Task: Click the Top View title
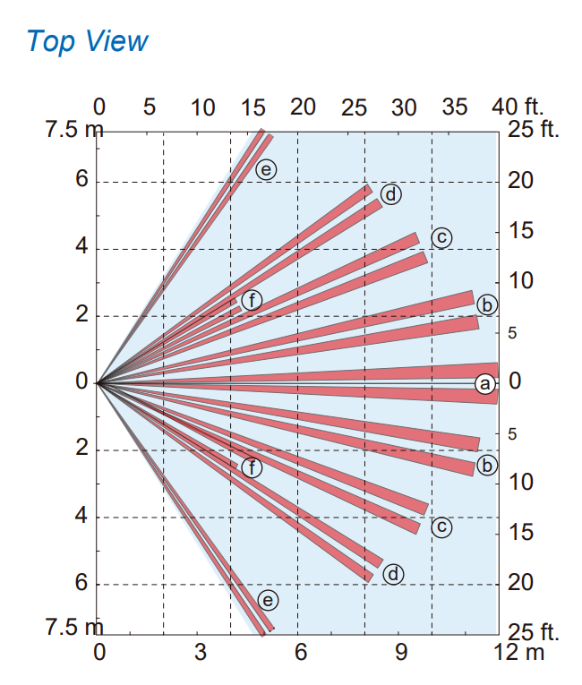point(87,41)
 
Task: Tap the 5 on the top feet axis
point(149,107)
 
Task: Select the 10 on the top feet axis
point(202,107)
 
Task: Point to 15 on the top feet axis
point(253,107)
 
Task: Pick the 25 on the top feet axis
point(355,107)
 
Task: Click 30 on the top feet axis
point(404,107)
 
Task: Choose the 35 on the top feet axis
point(455,107)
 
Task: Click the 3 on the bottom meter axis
point(200,652)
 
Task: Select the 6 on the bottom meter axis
point(301,652)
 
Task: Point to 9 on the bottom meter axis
point(401,652)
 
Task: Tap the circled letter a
point(484,384)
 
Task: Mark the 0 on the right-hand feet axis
point(515,381)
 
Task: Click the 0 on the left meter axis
point(81,382)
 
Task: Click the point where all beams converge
point(97,383)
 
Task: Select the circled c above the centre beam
point(441,237)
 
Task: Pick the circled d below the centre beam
point(392,574)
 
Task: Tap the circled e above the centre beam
point(266,168)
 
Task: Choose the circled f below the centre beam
point(252,467)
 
